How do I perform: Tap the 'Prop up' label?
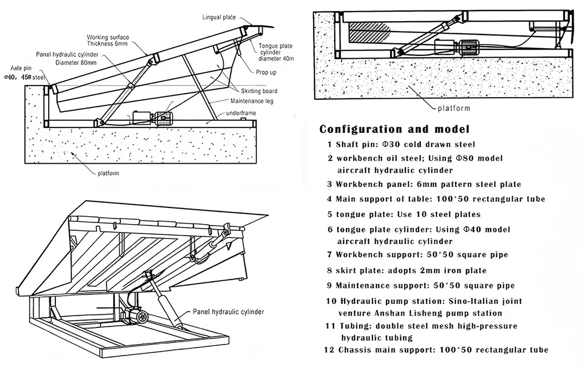coord(267,73)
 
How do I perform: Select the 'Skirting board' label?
coord(259,91)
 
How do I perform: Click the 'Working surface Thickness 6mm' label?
coord(108,39)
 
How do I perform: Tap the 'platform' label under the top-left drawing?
coord(109,173)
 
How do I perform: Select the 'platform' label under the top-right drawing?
coord(453,108)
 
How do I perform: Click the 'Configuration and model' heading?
coord(394,129)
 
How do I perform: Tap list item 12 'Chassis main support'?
coord(436,349)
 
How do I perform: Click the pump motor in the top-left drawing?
coord(164,118)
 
